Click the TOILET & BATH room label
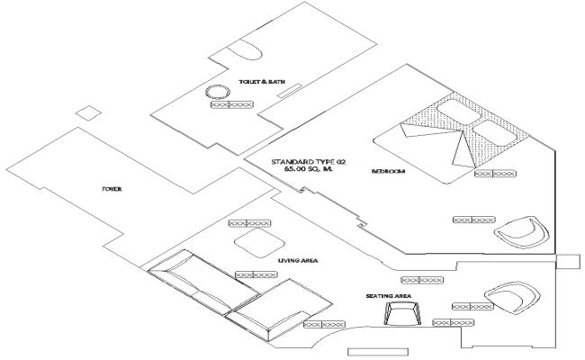260,82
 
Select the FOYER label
112,189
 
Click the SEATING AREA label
388,295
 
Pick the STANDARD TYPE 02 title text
308,160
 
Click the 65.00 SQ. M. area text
308,169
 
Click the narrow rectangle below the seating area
371,351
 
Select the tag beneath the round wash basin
231,104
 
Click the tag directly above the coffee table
249,222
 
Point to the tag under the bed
495,174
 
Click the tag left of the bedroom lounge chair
473,219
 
